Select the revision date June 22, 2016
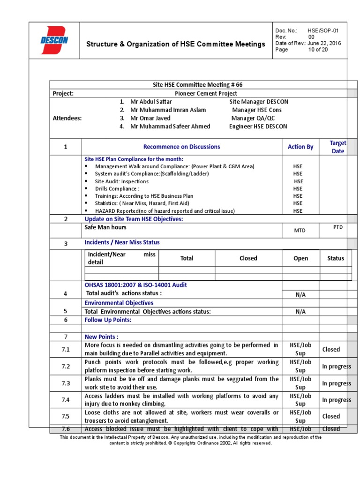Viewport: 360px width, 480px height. (x=324, y=43)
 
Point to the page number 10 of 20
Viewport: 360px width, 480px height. (x=318, y=50)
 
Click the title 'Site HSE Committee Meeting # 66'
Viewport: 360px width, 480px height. (x=198, y=85)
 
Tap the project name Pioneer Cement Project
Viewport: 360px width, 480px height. (x=198, y=93)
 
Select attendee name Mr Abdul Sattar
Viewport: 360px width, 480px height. (x=151, y=102)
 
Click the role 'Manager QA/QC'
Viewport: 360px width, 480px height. (x=253, y=118)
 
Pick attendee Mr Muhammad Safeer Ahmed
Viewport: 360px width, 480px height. (x=170, y=127)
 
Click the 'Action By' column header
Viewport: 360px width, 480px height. (x=300, y=147)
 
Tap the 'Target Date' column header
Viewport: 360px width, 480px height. (x=337, y=147)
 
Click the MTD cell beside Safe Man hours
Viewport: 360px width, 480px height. (x=300, y=231)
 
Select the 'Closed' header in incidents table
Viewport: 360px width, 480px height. (x=248, y=258)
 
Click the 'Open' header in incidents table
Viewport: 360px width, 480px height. (x=300, y=258)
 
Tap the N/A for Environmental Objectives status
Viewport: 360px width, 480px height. (x=300, y=311)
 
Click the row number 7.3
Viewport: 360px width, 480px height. (x=66, y=383)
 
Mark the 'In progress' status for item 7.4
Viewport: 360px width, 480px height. (x=336, y=400)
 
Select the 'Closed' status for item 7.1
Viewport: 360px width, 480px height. (x=331, y=349)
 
